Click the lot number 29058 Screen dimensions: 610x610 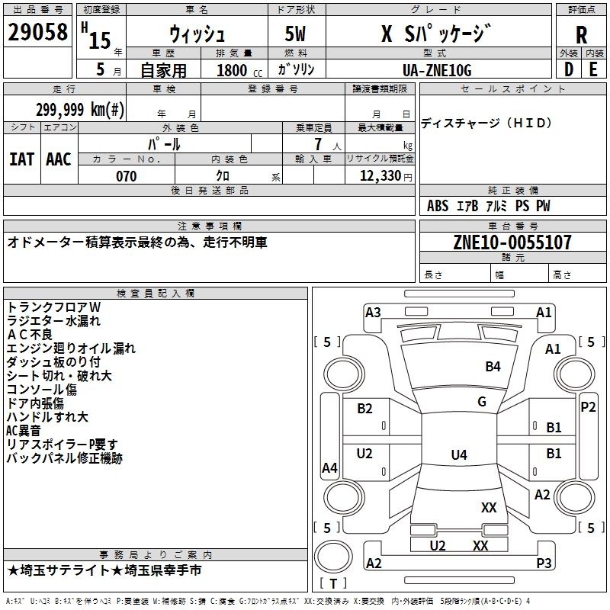pos(37,32)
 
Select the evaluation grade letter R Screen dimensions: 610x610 pos(581,34)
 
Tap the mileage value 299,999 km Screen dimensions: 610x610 pos(80,110)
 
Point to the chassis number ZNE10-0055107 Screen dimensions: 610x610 pos(512,242)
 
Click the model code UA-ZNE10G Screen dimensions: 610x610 pos(437,70)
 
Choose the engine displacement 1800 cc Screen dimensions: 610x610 pos(239,71)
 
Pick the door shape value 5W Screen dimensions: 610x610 pos(295,34)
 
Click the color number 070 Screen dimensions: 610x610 pos(127,176)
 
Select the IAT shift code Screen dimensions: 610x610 pos(21,159)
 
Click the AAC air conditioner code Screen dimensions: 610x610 pos(59,159)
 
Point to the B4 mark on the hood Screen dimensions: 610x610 pos(493,367)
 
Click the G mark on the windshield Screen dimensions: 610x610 pos(482,401)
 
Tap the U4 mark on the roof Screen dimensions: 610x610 pos(459,454)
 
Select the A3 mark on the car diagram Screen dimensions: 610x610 pos(373,313)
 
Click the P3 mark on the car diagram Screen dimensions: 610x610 pos(544,563)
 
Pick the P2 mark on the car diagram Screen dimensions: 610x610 pos(588,407)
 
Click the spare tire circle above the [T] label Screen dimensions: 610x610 pos(333,557)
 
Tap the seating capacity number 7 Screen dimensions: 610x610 pos(318,144)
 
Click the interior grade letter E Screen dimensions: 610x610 pos(593,69)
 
